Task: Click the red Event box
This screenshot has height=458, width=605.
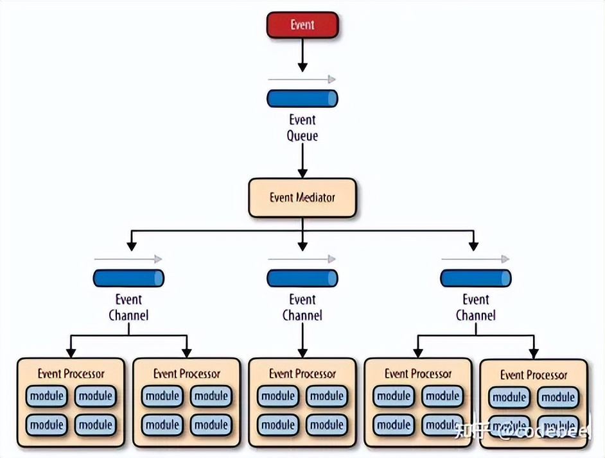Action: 302,25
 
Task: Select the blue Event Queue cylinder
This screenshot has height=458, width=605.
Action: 302,98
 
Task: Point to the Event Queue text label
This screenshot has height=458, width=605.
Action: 302,128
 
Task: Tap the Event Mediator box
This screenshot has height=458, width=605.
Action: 302,198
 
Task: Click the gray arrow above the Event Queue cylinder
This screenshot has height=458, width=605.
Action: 302,80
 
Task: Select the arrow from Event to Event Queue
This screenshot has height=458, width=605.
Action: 302,58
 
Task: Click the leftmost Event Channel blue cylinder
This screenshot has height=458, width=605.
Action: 128,278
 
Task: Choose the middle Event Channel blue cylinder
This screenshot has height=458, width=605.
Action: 302,278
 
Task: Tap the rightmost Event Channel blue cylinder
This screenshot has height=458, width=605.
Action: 476,278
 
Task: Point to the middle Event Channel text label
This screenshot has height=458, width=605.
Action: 302,307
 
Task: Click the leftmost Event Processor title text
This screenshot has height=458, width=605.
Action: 71,373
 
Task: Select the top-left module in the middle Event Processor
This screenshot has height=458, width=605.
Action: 278,396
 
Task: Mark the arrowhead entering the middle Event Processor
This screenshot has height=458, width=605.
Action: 302,352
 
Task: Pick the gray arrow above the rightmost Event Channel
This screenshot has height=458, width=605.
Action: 475,259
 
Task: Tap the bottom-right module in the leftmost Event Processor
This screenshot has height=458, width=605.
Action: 95,425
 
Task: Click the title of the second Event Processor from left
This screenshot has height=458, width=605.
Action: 186,373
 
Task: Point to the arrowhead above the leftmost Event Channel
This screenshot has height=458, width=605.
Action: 131,245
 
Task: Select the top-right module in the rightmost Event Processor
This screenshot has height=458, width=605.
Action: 558,398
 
